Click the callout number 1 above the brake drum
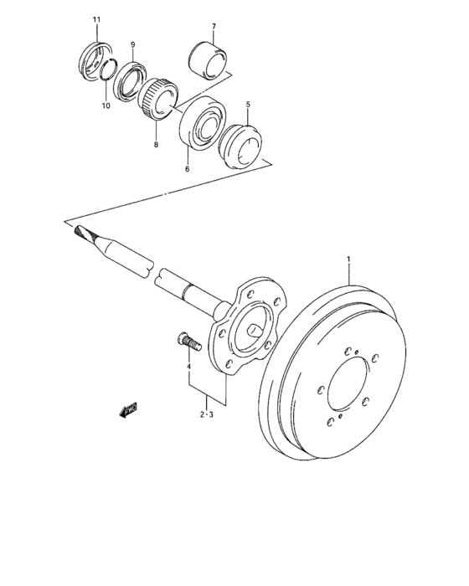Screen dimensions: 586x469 pos(349,260)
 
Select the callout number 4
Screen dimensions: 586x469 pos(188,366)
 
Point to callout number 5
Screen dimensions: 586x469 pos(247,105)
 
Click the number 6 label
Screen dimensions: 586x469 pos(187,169)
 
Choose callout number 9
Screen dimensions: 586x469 pos(131,44)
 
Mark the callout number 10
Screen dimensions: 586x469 pos(106,105)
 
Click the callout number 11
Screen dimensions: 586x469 pos(96,18)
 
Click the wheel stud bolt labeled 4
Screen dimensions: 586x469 pos(186,342)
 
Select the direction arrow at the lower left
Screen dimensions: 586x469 pos(129,409)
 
